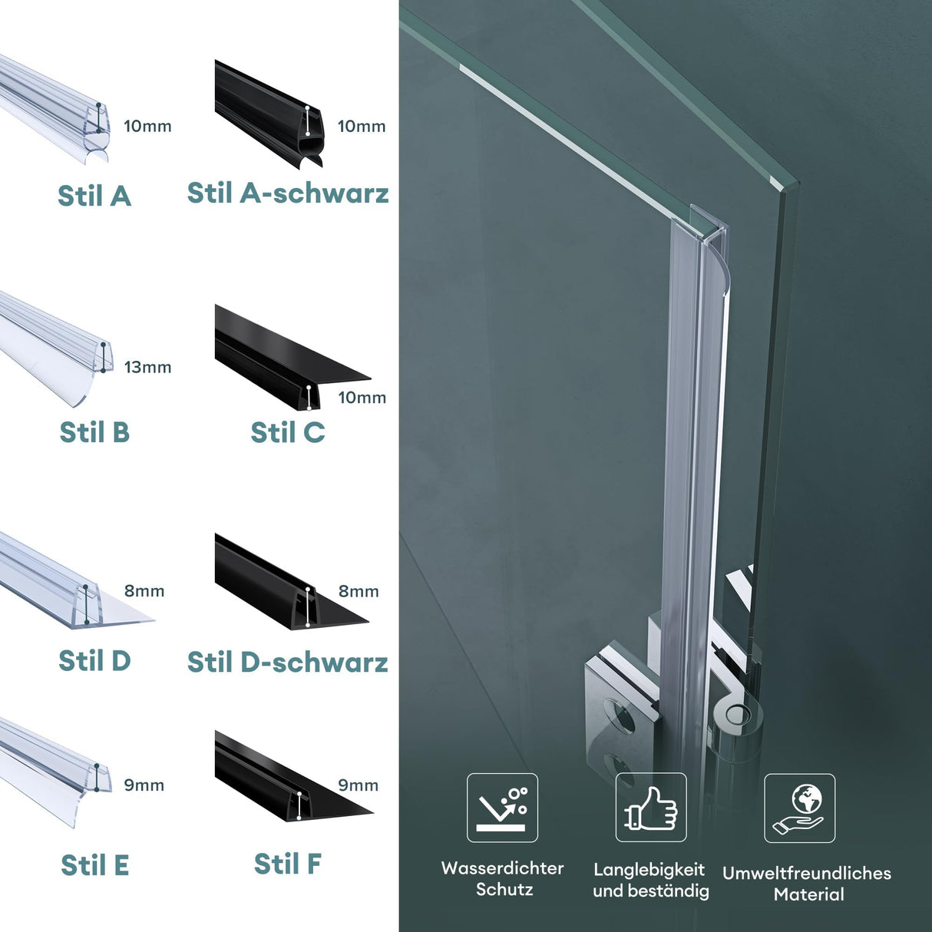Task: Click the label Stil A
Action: (x=94, y=196)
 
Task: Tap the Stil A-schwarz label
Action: (x=288, y=193)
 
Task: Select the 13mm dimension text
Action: (x=147, y=367)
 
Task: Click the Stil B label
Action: (x=94, y=432)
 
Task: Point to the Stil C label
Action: (x=288, y=432)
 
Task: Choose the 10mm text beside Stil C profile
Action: (x=362, y=398)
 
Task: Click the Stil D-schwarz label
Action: (x=288, y=662)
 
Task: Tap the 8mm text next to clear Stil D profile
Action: (x=144, y=591)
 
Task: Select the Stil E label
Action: (x=94, y=865)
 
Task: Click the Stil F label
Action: (x=288, y=864)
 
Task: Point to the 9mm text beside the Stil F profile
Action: (x=358, y=785)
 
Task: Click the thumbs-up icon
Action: (x=651, y=808)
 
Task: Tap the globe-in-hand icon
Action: (x=799, y=808)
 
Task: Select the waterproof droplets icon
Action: (x=502, y=808)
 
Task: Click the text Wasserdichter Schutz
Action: (x=503, y=878)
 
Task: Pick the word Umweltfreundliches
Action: (x=806, y=873)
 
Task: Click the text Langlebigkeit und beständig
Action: (x=650, y=880)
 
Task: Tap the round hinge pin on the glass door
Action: (x=738, y=715)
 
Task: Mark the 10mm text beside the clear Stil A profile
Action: (x=147, y=126)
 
